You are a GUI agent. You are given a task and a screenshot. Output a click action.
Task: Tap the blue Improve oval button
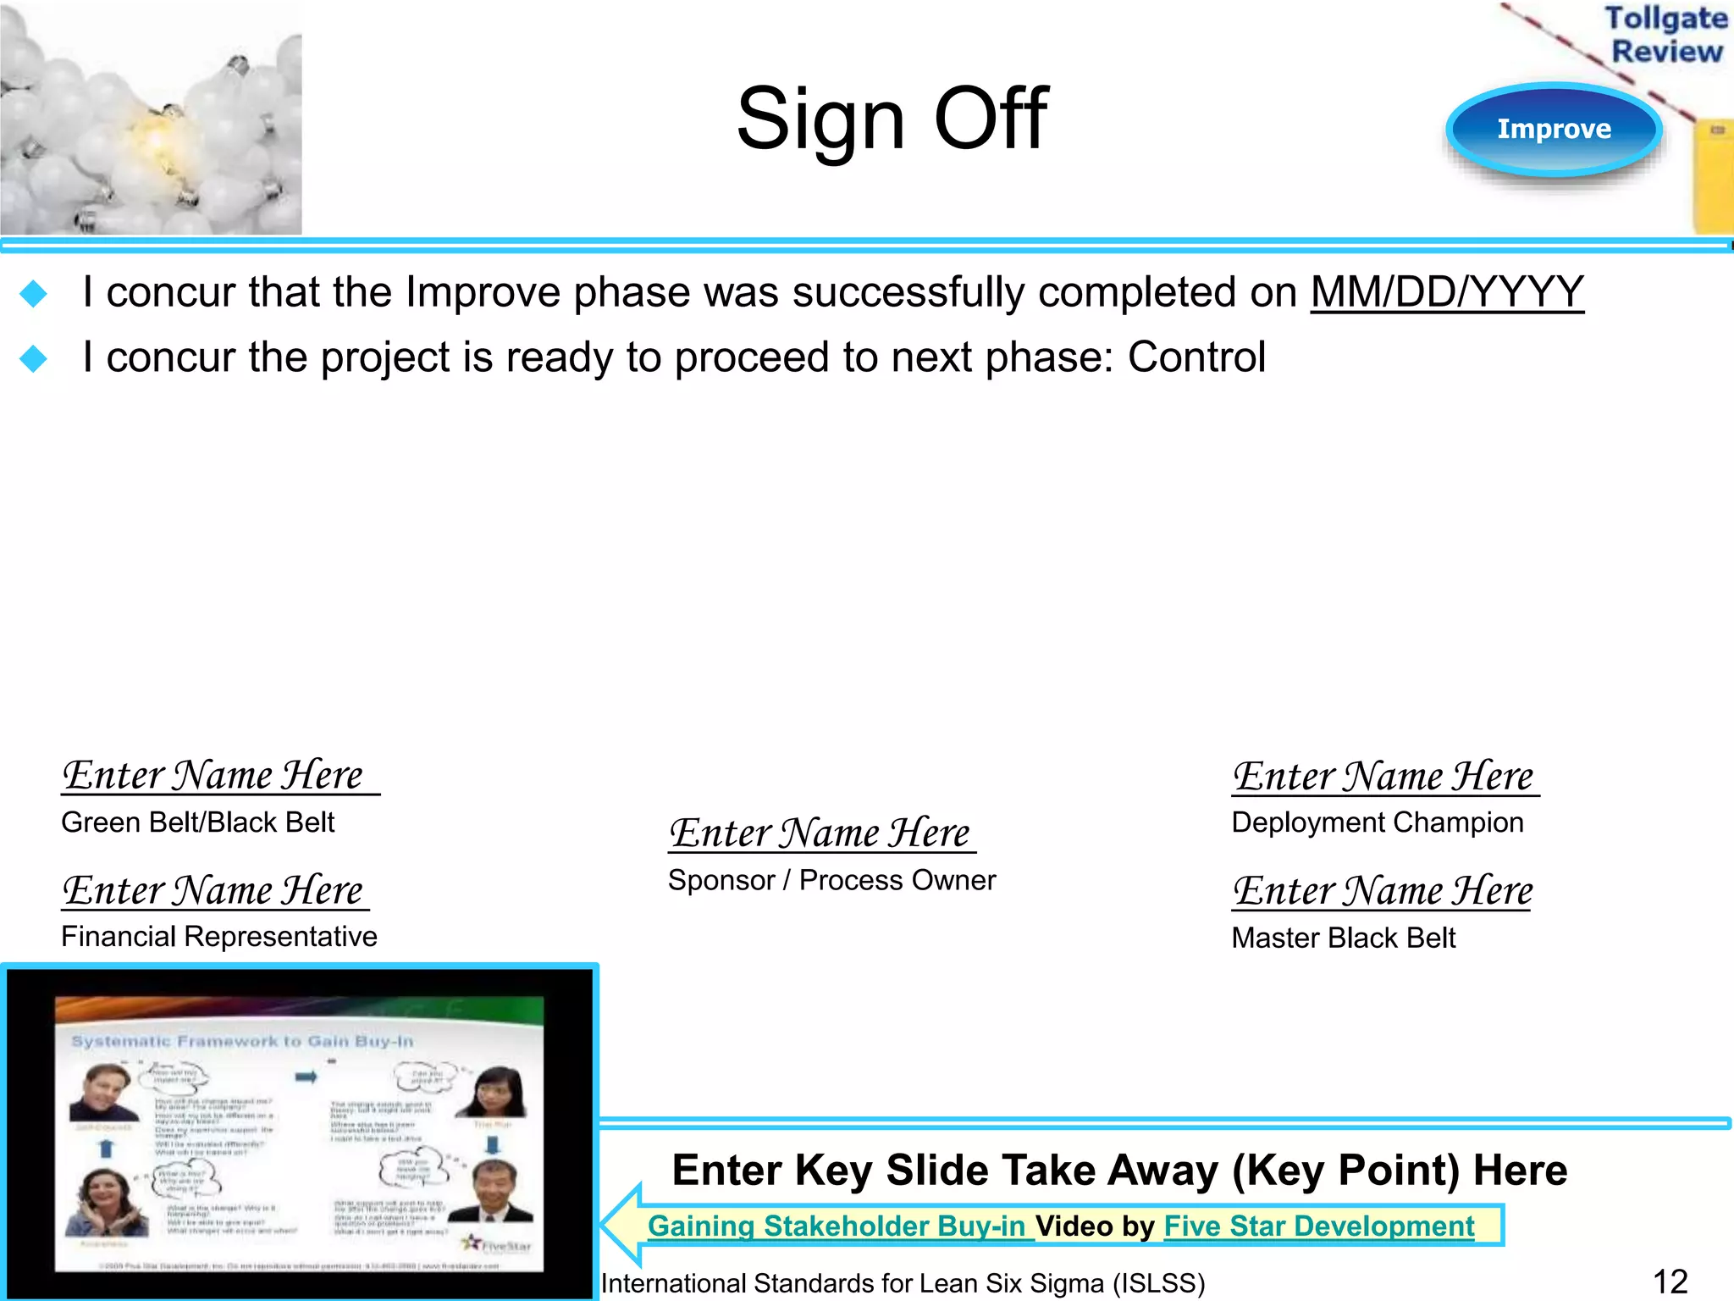click(x=1554, y=129)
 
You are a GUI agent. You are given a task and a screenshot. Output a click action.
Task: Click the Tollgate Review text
click(x=1665, y=35)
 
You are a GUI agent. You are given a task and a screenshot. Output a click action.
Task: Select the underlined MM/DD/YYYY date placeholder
click(x=1447, y=292)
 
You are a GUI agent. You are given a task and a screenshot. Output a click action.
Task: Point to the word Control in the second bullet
click(x=1196, y=357)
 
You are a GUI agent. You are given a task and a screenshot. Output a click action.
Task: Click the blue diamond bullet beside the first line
click(x=34, y=294)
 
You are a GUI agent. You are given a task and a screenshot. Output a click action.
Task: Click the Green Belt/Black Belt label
click(x=198, y=822)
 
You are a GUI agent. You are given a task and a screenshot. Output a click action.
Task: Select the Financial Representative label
click(x=219, y=937)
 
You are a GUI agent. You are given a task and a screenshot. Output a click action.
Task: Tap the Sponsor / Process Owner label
click(x=831, y=881)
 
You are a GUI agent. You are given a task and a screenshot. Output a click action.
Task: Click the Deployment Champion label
click(x=1378, y=822)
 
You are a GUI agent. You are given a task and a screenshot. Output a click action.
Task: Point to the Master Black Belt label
click(x=1344, y=938)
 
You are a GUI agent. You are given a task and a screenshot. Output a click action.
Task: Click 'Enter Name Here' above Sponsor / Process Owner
click(x=820, y=833)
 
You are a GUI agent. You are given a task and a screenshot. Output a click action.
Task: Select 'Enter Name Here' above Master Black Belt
click(x=1383, y=891)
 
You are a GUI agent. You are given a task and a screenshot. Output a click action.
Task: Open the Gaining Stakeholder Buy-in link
click(x=836, y=1226)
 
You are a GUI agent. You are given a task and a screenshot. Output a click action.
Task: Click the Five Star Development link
click(x=1319, y=1226)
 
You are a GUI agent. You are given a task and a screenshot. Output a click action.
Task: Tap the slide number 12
click(x=1670, y=1282)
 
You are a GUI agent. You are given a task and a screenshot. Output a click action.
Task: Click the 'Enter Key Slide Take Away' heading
click(x=1119, y=1171)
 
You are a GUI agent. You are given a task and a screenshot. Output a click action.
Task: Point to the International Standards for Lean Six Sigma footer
click(x=903, y=1283)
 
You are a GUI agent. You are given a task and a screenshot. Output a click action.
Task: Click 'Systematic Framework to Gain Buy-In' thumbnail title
click(x=242, y=1041)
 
